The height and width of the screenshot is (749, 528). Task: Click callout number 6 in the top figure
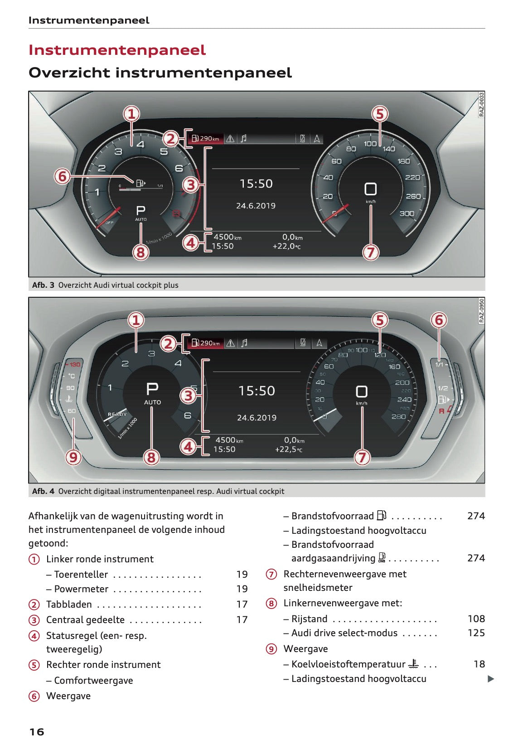pos(63,176)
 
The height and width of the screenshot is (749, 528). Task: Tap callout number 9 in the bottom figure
pos(73,457)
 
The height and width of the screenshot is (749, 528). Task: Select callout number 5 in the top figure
pos(380,114)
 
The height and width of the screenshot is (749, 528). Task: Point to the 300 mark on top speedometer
pos(407,213)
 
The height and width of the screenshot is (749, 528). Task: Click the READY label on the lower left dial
pos(117,414)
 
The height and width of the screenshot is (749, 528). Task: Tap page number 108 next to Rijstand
pos(476,619)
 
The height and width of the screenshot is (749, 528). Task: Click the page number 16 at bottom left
pos(37,731)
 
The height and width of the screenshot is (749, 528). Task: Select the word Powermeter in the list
pos(81,589)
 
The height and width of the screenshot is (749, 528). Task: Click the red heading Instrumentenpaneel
pos(117,50)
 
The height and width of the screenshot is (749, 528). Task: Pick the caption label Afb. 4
pos(43,491)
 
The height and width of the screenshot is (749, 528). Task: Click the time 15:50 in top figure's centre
pos(256,184)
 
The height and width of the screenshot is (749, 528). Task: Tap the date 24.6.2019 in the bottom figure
pos(257,418)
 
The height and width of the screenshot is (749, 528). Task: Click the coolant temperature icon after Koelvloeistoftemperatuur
pos(413,664)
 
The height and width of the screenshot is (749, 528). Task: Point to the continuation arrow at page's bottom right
pos(490,679)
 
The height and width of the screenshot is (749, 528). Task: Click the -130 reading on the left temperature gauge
pos(73,364)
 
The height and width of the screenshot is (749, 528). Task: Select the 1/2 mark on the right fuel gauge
pos(442,388)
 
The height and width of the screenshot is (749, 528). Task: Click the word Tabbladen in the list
pos(69,604)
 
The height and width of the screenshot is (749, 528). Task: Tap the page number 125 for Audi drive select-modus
pos(476,633)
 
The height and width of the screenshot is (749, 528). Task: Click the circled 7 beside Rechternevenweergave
pos(271,574)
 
